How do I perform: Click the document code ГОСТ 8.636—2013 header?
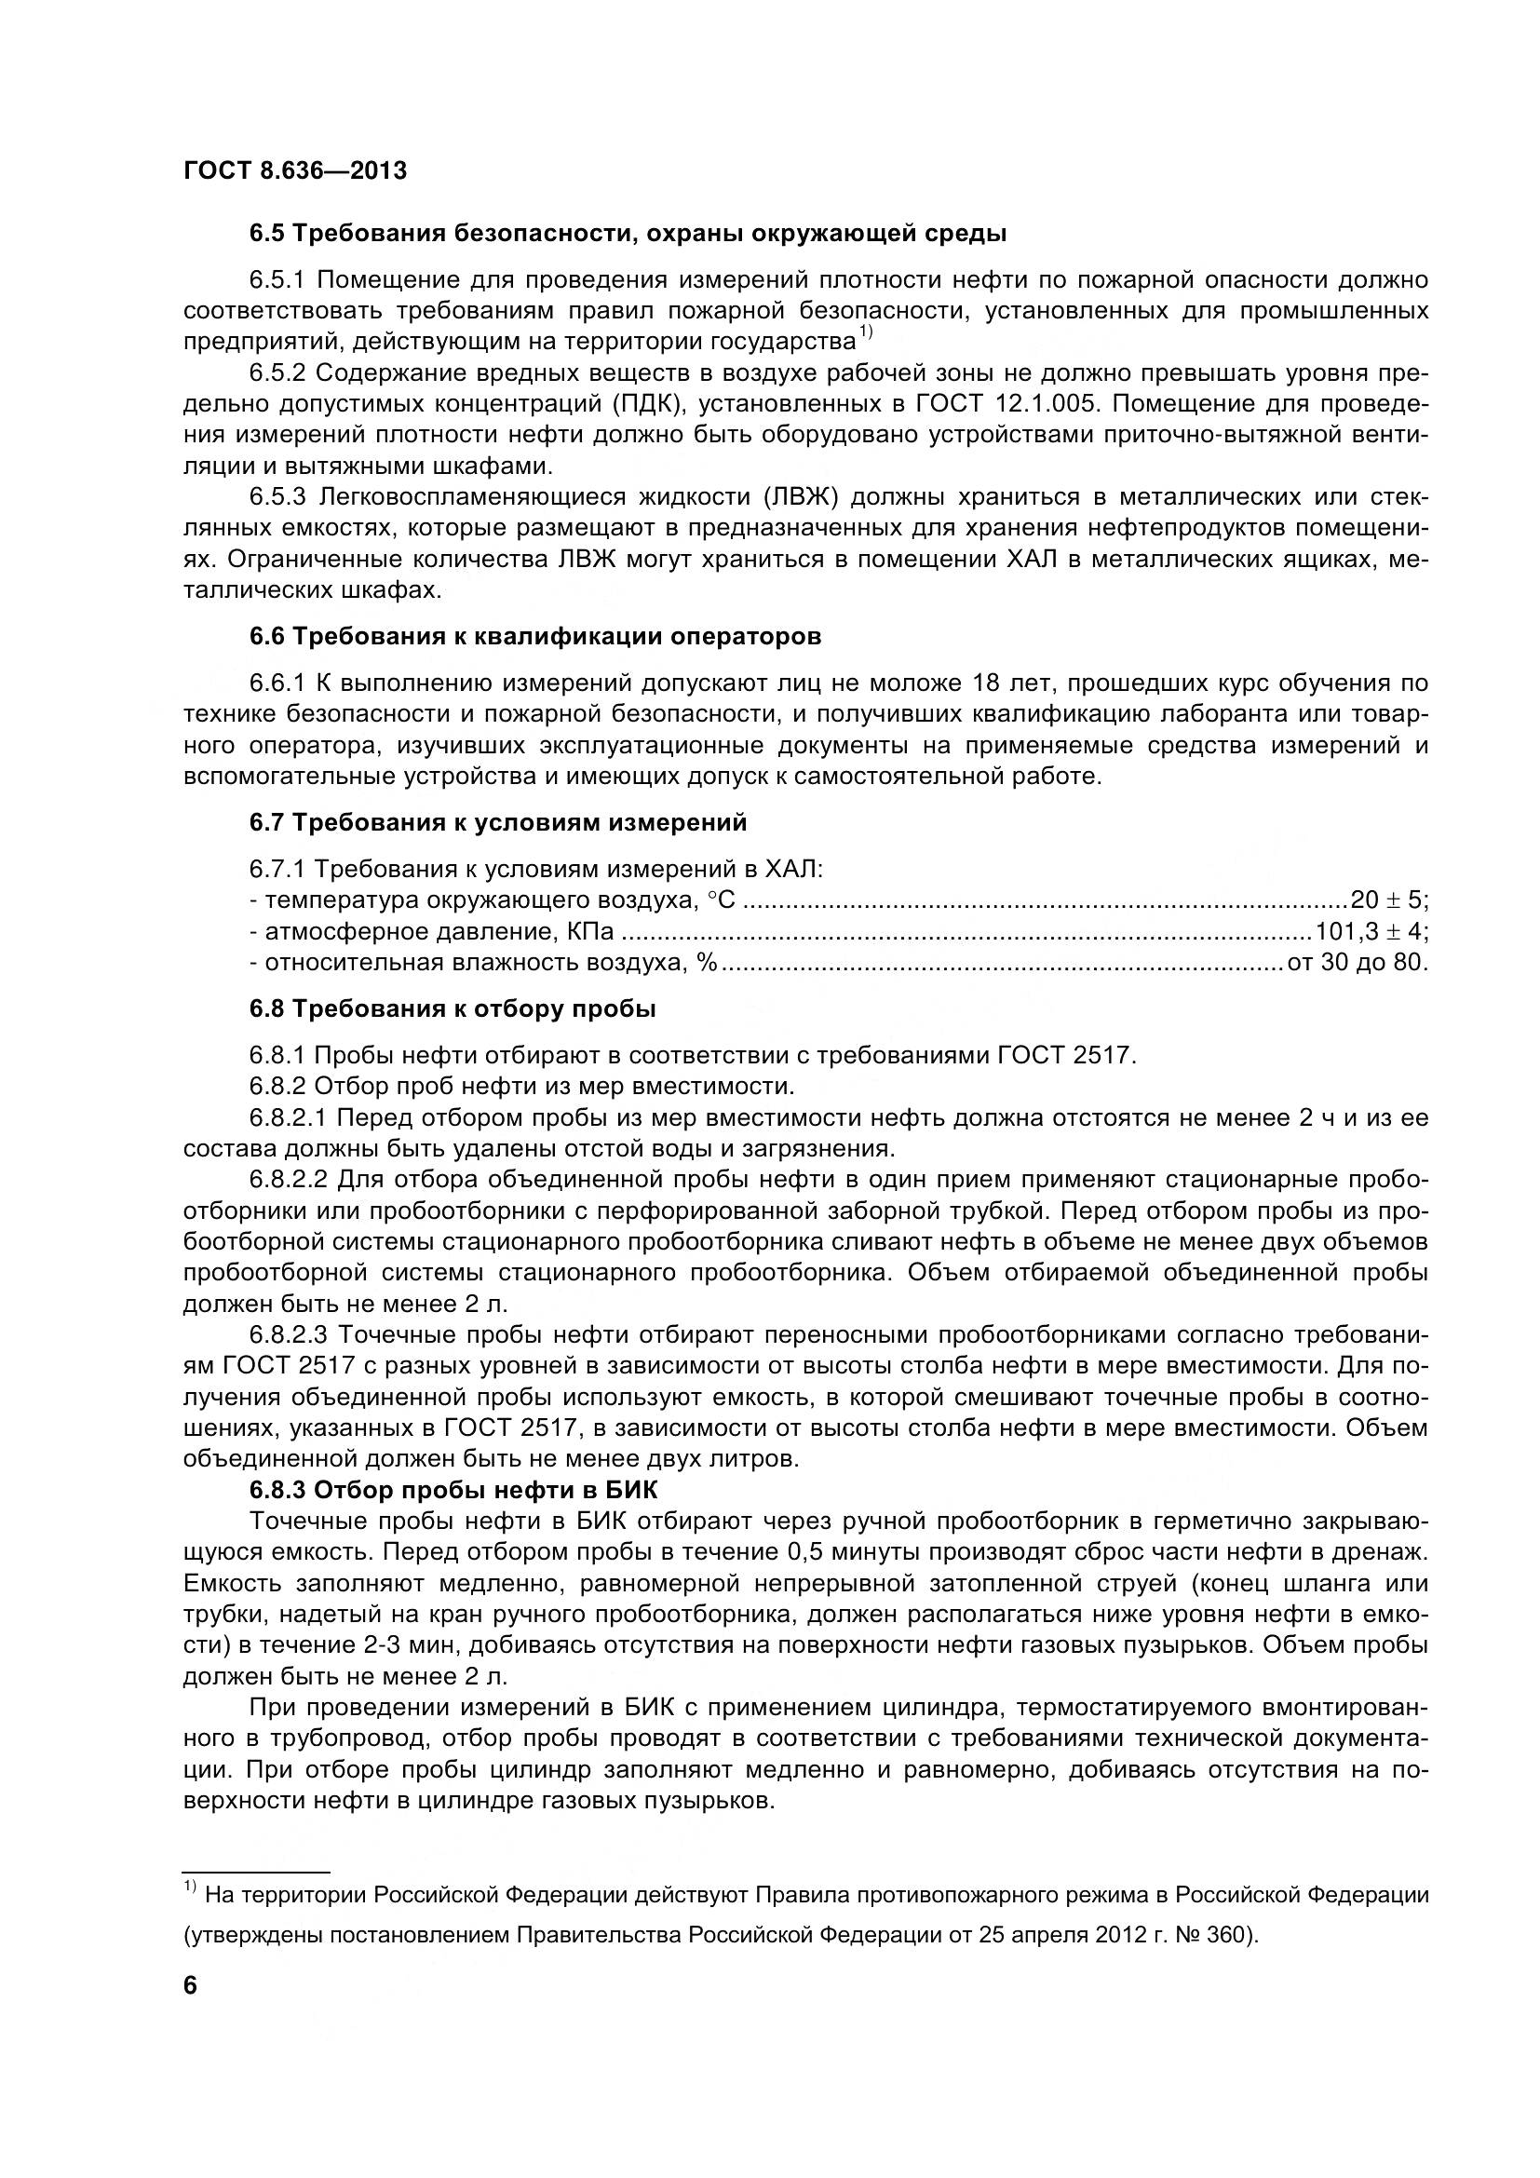pos(295,170)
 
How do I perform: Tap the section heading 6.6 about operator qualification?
pos(534,637)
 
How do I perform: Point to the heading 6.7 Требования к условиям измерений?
pos(498,822)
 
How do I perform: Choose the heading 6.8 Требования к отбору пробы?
pos(453,1008)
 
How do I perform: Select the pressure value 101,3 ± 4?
pos(1371,930)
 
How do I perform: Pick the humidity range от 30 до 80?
pos(1356,962)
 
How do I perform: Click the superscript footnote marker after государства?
pos(865,332)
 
